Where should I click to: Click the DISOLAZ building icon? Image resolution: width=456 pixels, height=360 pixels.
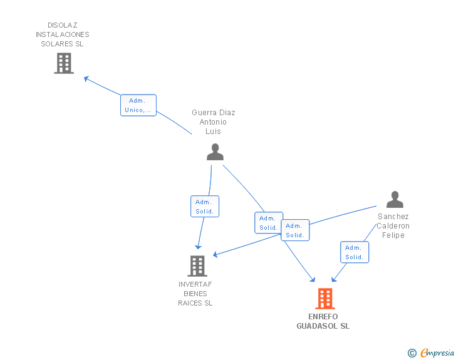tap(64, 63)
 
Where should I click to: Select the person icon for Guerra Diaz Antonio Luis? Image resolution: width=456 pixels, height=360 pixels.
tap(215, 152)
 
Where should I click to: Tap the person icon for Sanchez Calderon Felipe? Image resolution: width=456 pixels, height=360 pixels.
tap(395, 200)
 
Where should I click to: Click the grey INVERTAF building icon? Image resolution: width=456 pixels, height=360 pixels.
tap(197, 266)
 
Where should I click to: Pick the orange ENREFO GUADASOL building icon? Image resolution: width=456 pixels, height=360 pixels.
tap(324, 299)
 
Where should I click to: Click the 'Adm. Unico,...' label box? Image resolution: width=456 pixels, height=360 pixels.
tap(138, 105)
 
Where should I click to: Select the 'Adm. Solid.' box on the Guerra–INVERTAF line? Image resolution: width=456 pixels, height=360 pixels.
tap(205, 207)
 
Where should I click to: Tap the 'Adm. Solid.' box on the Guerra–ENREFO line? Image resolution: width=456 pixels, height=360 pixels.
tap(269, 223)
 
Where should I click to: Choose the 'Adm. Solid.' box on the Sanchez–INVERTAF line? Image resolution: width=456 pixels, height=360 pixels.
tap(294, 230)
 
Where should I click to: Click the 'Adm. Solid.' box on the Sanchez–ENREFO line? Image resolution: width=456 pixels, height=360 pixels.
tap(355, 252)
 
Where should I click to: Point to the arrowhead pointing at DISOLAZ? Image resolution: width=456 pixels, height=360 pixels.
tap(86, 78)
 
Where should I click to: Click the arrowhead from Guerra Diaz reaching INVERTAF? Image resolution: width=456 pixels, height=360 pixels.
tap(199, 246)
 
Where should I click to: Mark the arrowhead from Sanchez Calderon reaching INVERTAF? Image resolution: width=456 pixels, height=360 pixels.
tap(216, 254)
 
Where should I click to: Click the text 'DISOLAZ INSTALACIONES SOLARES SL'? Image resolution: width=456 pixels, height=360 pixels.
tap(63, 34)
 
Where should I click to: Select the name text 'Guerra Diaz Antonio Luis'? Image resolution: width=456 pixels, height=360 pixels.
tap(214, 122)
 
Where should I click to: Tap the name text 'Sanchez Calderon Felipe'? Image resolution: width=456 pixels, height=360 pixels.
tap(393, 226)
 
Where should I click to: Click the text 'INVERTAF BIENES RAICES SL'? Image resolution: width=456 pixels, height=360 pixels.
tap(195, 294)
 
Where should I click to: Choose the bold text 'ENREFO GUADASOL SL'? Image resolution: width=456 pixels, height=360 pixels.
tap(323, 321)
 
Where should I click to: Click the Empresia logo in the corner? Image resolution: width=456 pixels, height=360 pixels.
tap(432, 353)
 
